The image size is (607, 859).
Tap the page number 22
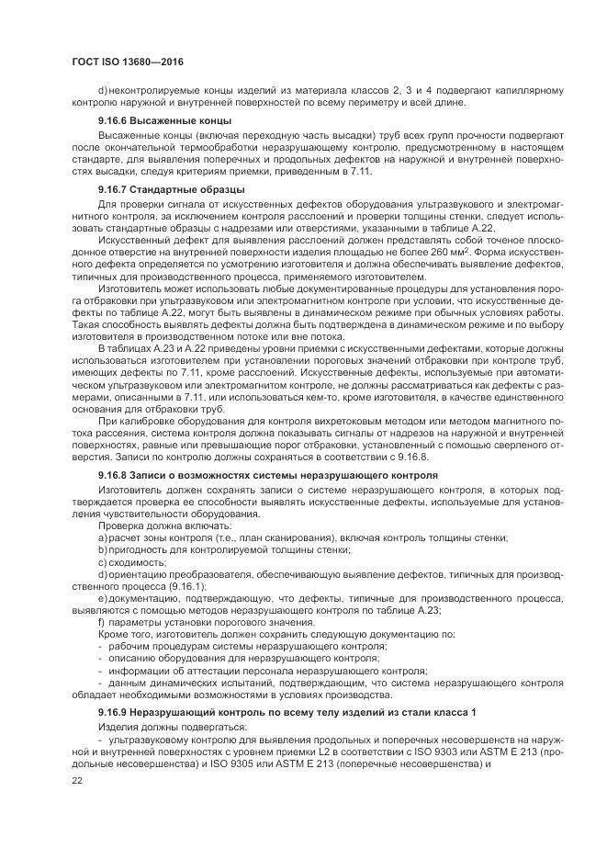(x=77, y=779)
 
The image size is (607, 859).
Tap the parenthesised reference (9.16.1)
(x=189, y=585)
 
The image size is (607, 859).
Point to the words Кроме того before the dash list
(x=125, y=634)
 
